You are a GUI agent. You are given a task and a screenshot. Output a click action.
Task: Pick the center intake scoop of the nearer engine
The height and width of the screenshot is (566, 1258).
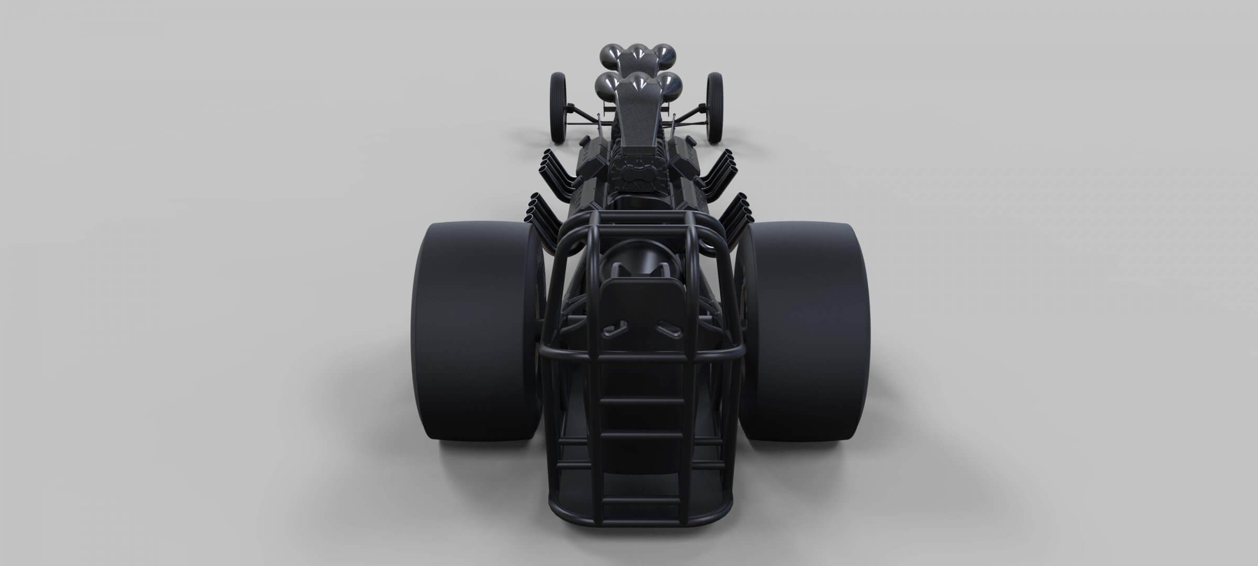point(639,81)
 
